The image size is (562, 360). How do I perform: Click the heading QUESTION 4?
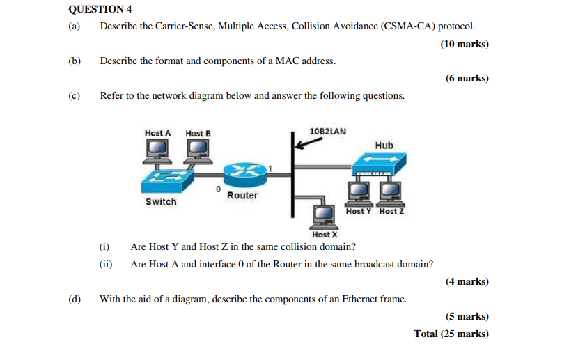[100, 9]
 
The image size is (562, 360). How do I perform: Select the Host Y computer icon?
[358, 191]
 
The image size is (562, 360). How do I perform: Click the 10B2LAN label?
[327, 131]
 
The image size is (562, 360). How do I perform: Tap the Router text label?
[242, 196]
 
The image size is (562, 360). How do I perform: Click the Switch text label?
[161, 202]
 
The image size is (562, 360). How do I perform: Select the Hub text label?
[384, 146]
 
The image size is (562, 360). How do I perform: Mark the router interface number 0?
[218, 189]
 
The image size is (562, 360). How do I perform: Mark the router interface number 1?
[270, 168]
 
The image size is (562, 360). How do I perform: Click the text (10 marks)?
[465, 44]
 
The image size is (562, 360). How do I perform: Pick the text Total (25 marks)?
[451, 334]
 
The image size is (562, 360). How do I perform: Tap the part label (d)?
[75, 299]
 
